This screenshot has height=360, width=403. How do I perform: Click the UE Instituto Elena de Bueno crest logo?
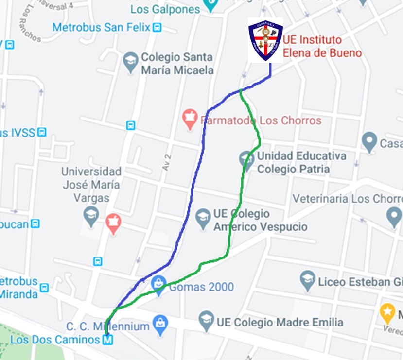pyautogui.click(x=265, y=40)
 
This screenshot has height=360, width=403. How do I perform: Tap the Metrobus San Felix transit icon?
pyautogui.click(x=157, y=28)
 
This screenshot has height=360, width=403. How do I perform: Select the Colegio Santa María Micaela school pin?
pyautogui.click(x=131, y=62)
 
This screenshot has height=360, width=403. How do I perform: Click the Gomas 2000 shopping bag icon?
pyautogui.click(x=159, y=284)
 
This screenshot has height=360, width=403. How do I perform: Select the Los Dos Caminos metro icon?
pyautogui.click(x=107, y=340)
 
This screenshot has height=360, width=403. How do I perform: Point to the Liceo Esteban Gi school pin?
pyautogui.click(x=307, y=280)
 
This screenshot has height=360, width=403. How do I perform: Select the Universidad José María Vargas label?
pyautogui.click(x=91, y=184)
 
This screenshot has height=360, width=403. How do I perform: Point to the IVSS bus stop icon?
pyautogui.click(x=42, y=132)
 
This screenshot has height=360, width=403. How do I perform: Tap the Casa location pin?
pyautogui.click(x=369, y=142)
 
